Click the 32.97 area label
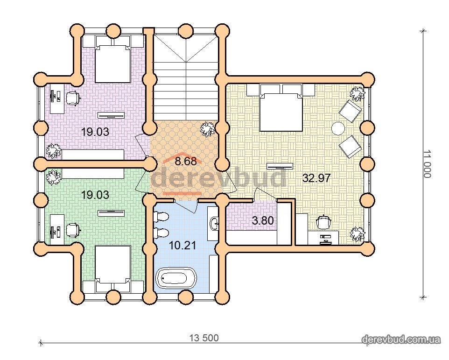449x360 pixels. (316, 178)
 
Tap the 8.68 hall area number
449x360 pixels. (186, 161)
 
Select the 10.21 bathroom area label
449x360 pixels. (182, 245)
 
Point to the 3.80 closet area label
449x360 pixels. (263, 220)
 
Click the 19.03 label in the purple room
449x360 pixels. (95, 132)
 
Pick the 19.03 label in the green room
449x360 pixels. (95, 195)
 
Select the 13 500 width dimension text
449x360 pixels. (204, 338)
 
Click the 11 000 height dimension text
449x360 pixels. (427, 164)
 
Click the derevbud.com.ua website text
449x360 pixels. (401, 339)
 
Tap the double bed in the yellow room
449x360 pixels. (281, 108)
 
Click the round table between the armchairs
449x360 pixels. (338, 128)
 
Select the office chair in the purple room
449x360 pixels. (73, 98)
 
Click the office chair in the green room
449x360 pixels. (73, 230)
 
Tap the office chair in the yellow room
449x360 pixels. (323, 222)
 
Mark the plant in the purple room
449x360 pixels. (54, 151)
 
